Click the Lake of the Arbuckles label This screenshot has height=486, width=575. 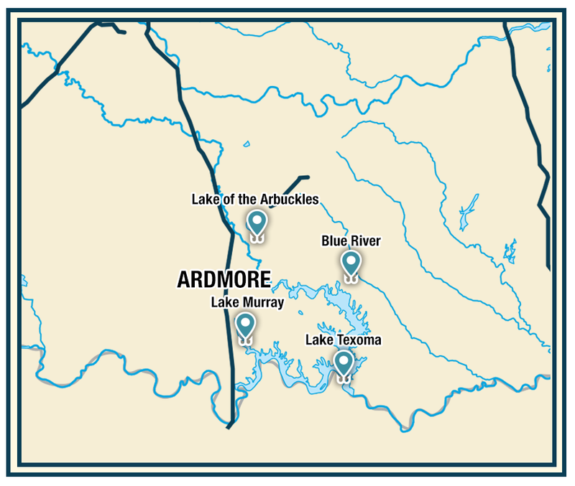254,199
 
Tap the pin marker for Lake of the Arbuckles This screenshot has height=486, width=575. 257,223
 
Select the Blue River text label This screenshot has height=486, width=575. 350,241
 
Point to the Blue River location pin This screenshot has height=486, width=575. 350,263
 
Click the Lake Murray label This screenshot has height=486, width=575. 247,303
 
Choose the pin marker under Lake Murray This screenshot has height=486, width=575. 246,325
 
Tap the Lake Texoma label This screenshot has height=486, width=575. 343,340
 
